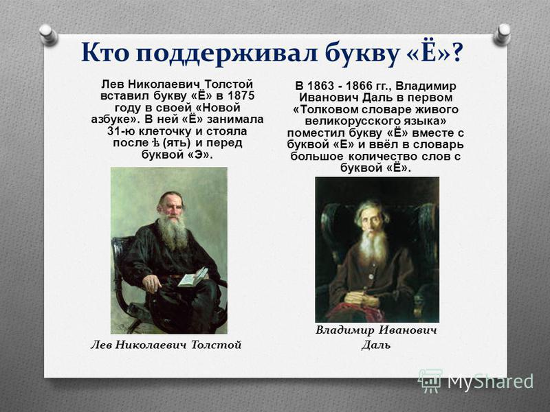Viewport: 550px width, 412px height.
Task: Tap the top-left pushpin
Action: (48, 34)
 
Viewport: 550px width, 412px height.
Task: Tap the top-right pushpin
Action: (502, 34)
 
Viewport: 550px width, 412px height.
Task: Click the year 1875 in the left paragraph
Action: (241, 95)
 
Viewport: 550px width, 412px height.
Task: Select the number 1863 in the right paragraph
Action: (321, 86)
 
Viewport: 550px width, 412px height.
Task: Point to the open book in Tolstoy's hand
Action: (193, 277)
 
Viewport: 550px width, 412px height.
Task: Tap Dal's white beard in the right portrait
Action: (373, 245)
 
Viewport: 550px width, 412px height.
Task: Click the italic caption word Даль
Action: (376, 345)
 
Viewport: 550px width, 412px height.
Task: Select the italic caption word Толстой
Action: (216, 345)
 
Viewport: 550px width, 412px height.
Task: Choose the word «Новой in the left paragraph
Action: (220, 108)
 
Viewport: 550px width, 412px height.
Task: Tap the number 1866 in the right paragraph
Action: (360, 86)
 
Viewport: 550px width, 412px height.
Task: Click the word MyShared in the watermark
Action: (490, 381)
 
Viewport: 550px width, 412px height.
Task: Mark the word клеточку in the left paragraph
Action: (165, 131)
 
